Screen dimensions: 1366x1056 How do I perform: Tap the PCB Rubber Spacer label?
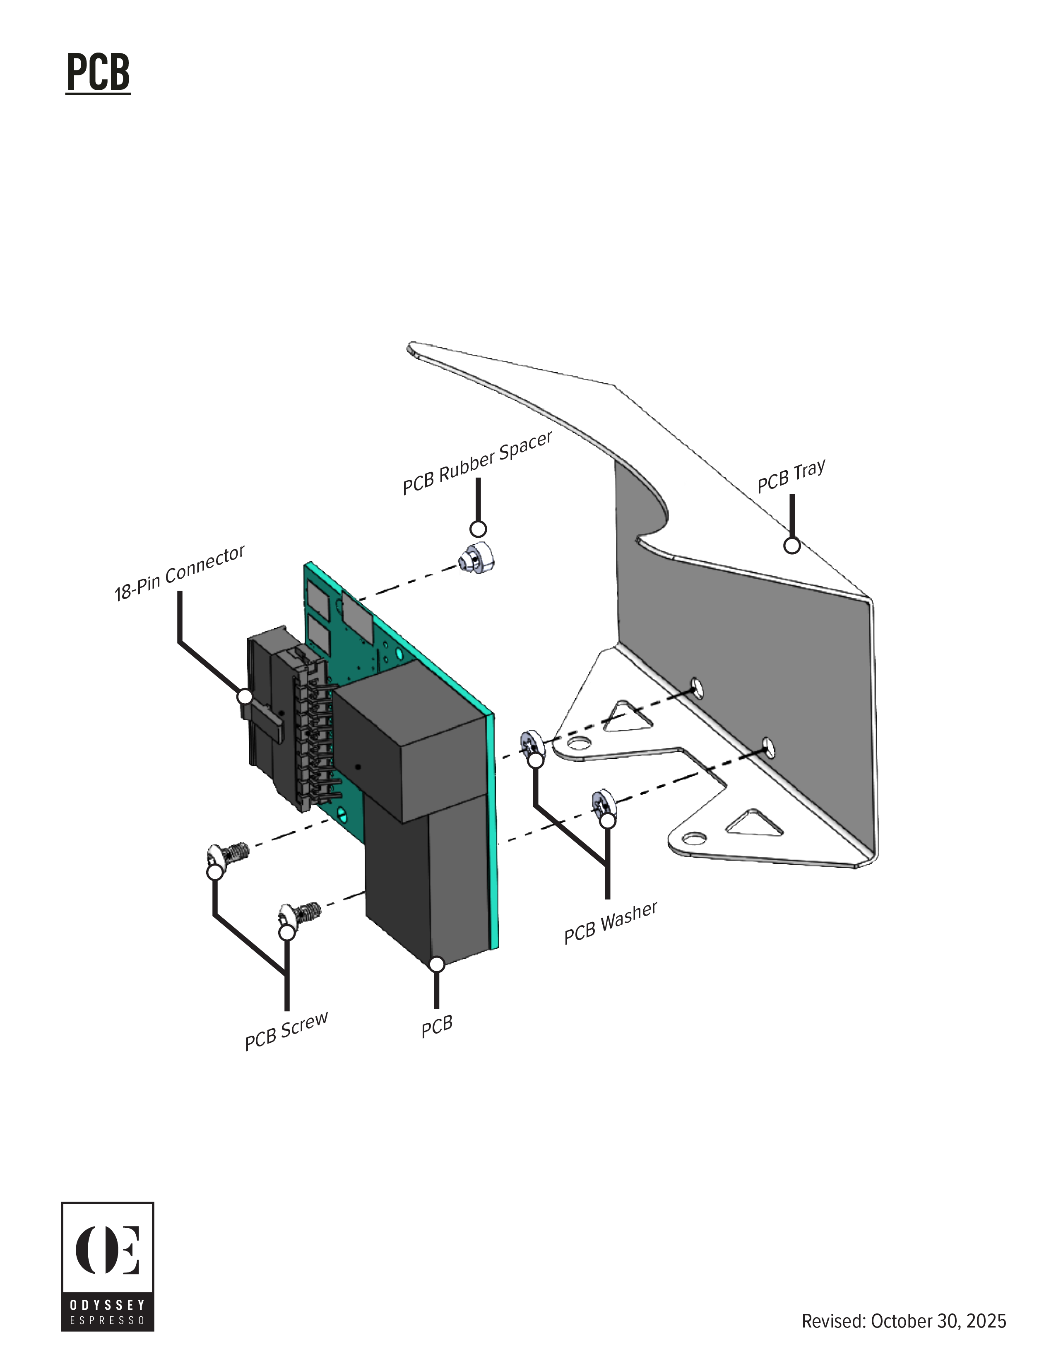click(477, 462)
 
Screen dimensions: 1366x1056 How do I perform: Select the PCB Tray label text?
click(791, 476)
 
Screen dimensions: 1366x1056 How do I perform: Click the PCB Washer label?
click(611, 923)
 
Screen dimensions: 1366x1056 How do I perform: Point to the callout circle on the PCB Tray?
click(792, 546)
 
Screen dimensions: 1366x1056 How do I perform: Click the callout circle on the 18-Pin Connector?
click(245, 696)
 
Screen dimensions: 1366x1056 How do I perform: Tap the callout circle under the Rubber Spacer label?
click(478, 529)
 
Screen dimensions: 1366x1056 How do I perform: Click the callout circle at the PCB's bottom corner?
click(437, 964)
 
